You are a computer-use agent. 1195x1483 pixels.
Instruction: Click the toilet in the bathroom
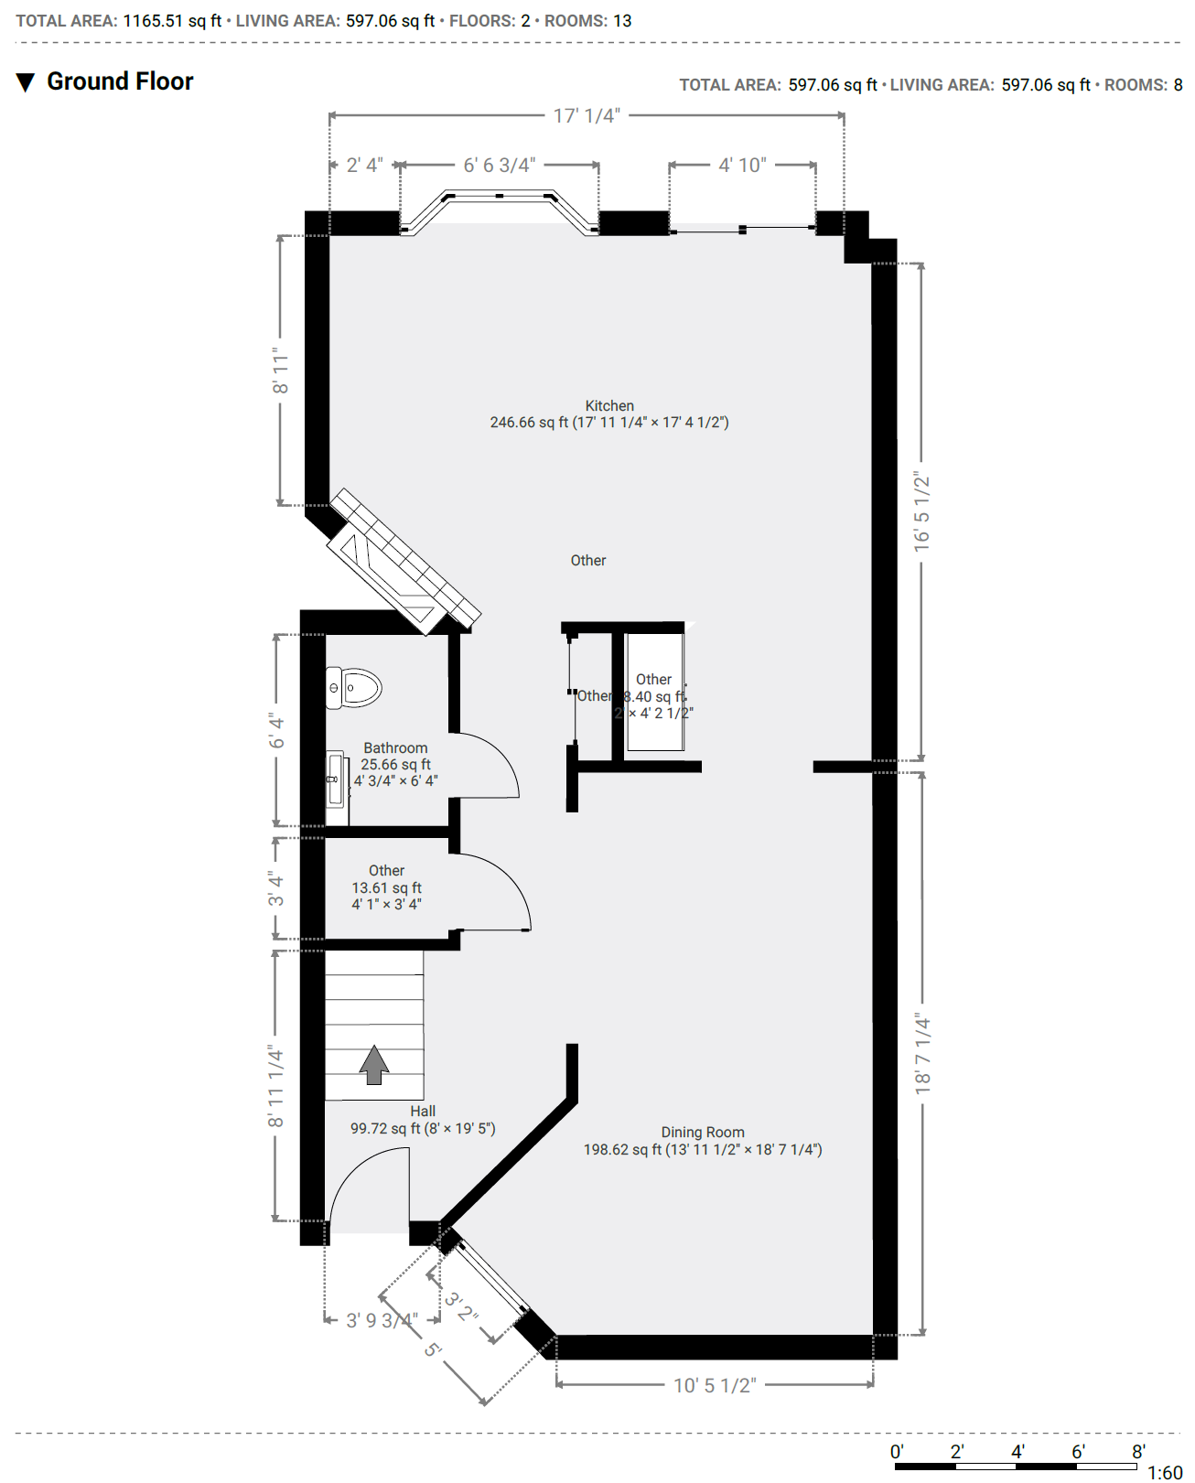pos(354,688)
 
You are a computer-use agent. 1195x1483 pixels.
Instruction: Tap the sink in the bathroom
pos(336,779)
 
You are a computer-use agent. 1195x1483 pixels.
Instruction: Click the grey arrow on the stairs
pos(373,1064)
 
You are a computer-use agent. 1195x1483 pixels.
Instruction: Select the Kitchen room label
pos(609,406)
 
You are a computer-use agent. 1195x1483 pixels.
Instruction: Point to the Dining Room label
pos(703,1133)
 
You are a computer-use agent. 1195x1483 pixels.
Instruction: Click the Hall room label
pos(423,1112)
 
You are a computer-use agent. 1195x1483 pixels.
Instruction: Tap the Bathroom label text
pos(395,748)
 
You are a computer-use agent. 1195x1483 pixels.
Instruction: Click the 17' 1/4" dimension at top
pos(587,116)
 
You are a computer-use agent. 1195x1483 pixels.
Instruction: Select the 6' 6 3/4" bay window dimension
pos(499,166)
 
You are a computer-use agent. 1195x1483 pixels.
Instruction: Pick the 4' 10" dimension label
pos(742,166)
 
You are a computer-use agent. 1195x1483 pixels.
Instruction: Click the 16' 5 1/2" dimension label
pos(921,512)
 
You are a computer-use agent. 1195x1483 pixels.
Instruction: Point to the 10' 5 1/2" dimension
pos(715,1386)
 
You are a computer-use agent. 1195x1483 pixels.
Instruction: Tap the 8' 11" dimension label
pos(280,371)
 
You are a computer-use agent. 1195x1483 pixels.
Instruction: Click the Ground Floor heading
pos(120,81)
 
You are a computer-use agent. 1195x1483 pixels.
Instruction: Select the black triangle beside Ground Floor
pos(26,82)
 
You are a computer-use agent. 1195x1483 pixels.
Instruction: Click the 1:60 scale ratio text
pos(1165,1473)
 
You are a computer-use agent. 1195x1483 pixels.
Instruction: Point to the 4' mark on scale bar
pos(1017,1452)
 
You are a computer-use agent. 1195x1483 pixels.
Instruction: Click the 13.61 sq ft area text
pos(387,888)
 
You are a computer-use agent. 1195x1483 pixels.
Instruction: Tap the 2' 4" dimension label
pos(364,166)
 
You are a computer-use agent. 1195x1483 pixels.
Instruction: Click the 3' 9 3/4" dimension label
pos(382,1321)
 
